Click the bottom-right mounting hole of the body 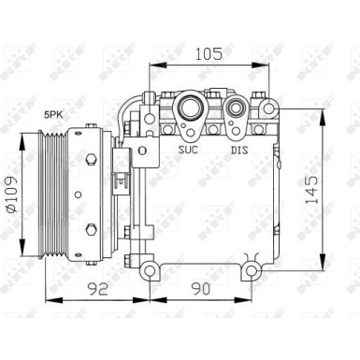pos(251,270)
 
